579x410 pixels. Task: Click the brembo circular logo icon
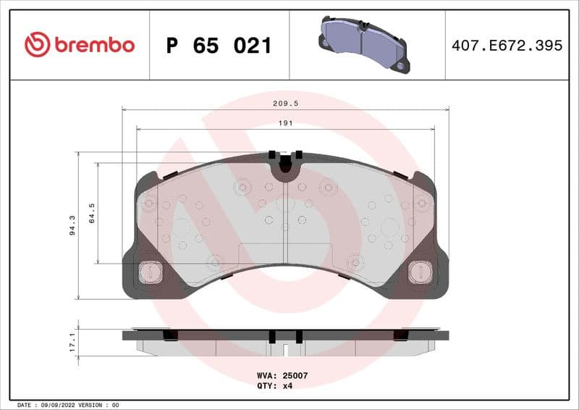(x=37, y=45)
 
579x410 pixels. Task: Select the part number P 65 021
(x=219, y=46)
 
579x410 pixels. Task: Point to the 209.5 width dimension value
(x=286, y=104)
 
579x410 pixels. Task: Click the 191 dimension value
(x=286, y=124)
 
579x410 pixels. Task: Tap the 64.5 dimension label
(x=91, y=213)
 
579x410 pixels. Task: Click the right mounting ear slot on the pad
(x=420, y=272)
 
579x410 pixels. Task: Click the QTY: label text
(x=266, y=387)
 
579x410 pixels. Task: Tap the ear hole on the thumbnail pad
(x=400, y=65)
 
